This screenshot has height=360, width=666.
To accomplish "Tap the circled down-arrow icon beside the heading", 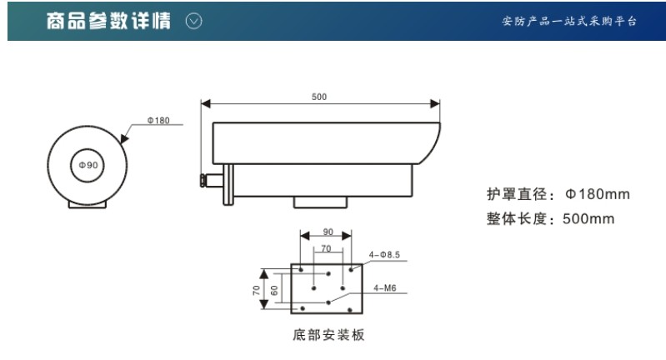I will pos(193,20).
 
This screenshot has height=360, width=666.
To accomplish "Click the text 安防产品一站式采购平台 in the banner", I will pos(569,21).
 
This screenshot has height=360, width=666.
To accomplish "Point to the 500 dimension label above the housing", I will pos(319,97).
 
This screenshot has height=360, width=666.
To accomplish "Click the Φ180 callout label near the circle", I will pos(158,121).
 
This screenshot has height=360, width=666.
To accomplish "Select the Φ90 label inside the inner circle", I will pos(88,165).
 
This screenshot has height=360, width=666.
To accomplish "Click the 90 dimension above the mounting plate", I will pos(328,232).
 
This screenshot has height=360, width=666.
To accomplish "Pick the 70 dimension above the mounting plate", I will pos(327,247).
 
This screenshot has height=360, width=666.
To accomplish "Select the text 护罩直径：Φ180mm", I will pos(558,194).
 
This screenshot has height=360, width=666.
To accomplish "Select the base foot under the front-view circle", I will pos(88,202).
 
